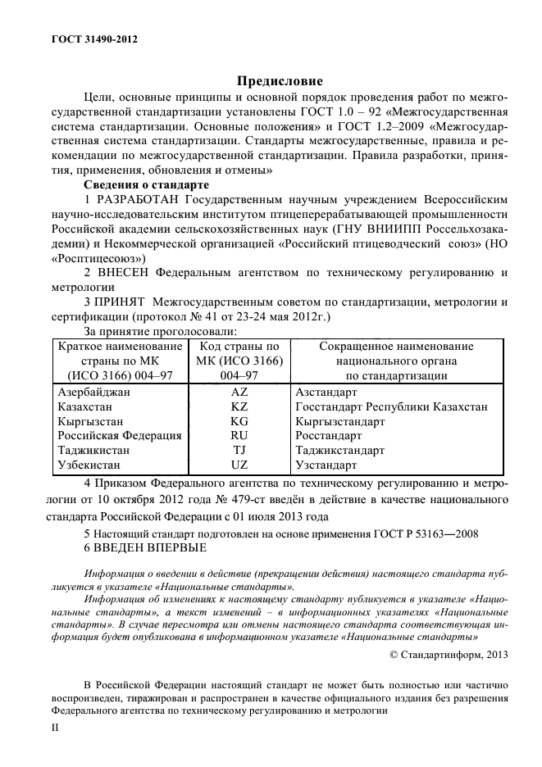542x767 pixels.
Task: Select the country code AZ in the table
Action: click(x=239, y=392)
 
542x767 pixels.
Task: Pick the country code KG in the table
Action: click(x=239, y=421)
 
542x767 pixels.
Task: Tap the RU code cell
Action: click(x=239, y=436)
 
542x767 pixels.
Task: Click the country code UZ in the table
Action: click(x=239, y=465)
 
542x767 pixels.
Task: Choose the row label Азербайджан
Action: click(x=94, y=392)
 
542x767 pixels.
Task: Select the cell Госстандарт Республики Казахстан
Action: click(x=391, y=406)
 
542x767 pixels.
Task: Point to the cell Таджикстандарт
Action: click(x=339, y=451)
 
